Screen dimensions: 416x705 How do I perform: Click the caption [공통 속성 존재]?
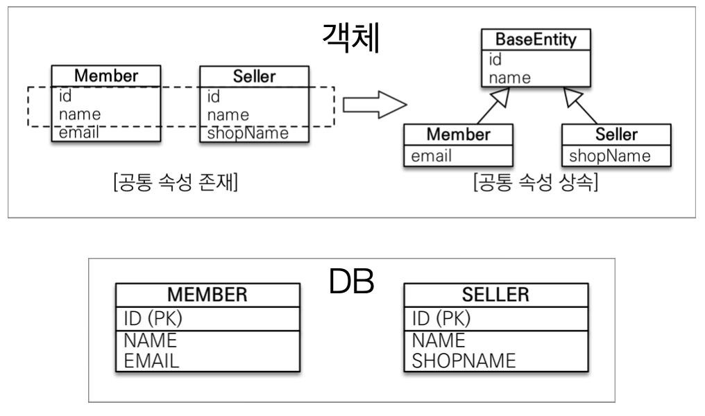[x=176, y=184]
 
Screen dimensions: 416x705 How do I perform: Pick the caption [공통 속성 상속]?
[x=535, y=184]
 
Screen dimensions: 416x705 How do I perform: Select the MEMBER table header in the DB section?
[x=207, y=295]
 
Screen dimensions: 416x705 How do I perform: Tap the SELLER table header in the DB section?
[x=496, y=295]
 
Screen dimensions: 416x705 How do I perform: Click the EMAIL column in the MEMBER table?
[x=151, y=360]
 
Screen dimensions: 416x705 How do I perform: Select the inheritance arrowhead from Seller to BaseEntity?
[x=573, y=96]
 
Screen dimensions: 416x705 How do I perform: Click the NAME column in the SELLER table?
[x=438, y=340]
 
